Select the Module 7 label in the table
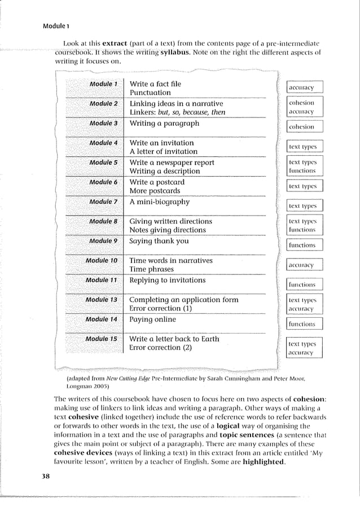[103, 202]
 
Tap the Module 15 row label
[101, 339]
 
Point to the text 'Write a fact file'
[156, 84]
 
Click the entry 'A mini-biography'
[160, 202]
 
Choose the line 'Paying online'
[153, 320]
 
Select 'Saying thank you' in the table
[159, 241]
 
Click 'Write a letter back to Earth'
[174, 339]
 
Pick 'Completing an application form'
[184, 300]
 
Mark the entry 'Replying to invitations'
[168, 280]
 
